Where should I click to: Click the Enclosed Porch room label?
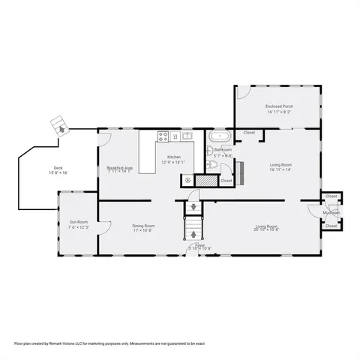(279, 106)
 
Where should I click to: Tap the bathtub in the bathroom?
(220, 137)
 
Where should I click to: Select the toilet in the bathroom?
(211, 159)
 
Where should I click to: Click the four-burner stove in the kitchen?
(163, 136)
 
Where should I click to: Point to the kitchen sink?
(187, 136)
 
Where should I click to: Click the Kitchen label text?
(174, 157)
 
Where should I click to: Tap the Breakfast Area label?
(120, 167)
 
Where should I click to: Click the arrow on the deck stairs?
(58, 127)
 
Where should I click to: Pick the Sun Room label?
(79, 222)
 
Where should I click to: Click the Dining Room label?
(143, 226)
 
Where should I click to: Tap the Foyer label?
(200, 244)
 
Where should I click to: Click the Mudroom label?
(331, 212)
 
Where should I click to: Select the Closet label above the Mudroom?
(331, 196)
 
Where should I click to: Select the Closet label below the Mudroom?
(331, 226)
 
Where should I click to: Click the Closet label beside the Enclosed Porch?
(249, 133)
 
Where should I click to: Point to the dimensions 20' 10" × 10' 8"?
(268, 230)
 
